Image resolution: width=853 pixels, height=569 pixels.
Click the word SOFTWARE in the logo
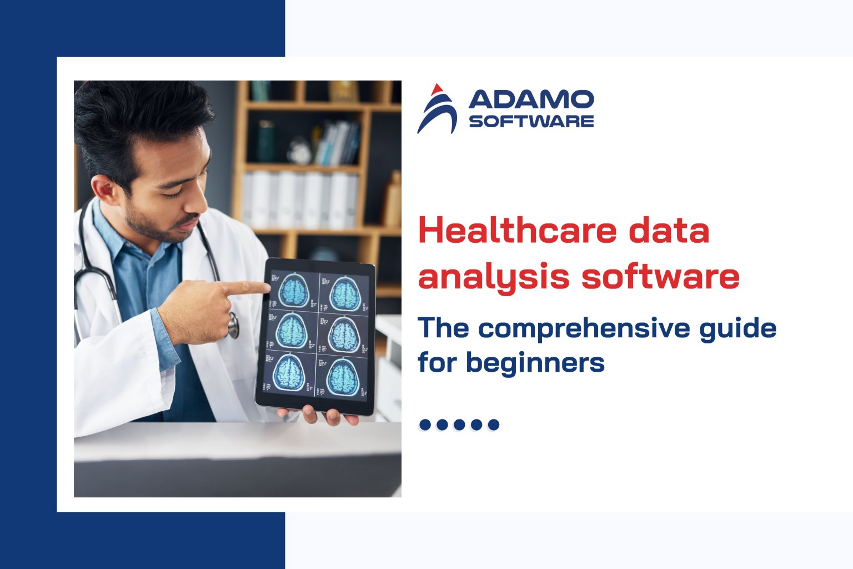point(531,121)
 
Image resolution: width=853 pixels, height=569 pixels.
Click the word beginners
point(535,362)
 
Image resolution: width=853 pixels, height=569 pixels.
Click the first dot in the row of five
point(425,425)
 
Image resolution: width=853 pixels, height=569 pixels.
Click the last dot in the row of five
point(493,425)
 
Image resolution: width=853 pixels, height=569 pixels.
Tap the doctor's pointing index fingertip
point(265,287)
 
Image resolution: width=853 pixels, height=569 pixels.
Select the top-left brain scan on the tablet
point(293,291)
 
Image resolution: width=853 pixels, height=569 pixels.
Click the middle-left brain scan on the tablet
point(291,332)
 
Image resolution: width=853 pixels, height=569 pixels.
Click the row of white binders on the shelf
point(300,200)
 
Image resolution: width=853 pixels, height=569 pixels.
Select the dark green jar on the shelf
point(266,141)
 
